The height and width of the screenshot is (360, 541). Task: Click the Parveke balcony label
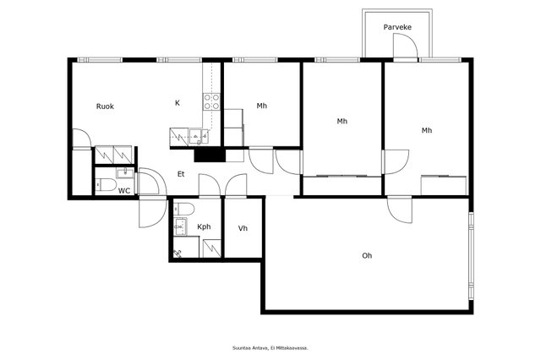pyautogui.click(x=397, y=27)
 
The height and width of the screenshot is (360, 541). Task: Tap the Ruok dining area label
pyautogui.click(x=105, y=106)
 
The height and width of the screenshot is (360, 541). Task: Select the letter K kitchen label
pyautogui.click(x=178, y=103)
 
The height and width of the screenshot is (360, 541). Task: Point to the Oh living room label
pyautogui.click(x=367, y=256)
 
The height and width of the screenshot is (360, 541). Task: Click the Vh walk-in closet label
pyautogui.click(x=243, y=228)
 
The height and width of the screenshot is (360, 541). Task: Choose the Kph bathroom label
pyautogui.click(x=204, y=226)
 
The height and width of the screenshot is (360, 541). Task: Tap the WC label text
pyautogui.click(x=124, y=191)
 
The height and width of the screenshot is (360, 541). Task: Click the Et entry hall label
pyautogui.click(x=181, y=174)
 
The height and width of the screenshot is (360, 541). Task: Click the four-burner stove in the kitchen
pyautogui.click(x=211, y=101)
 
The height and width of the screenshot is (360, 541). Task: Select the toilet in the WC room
pyautogui.click(x=106, y=185)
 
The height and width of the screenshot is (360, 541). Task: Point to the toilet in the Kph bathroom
pyautogui.click(x=184, y=209)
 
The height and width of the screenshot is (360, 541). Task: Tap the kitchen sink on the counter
pyautogui.click(x=199, y=137)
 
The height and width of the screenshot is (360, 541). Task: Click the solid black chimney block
pyautogui.click(x=210, y=155)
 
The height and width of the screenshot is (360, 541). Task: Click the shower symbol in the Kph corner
pyautogui.click(x=178, y=254)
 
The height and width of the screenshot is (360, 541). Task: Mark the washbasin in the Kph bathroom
pyautogui.click(x=180, y=226)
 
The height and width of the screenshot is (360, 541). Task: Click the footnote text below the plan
pyautogui.click(x=270, y=348)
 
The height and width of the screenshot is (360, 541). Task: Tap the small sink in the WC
pyautogui.click(x=125, y=172)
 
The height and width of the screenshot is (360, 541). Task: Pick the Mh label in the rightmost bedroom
pyautogui.click(x=427, y=130)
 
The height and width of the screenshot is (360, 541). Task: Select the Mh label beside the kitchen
pyautogui.click(x=262, y=106)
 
